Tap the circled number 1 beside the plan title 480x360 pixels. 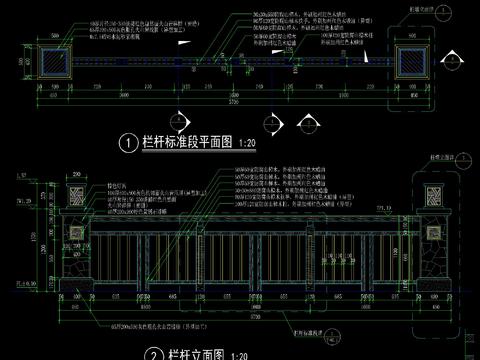coord(128,144)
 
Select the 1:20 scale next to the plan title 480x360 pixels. coord(250,144)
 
